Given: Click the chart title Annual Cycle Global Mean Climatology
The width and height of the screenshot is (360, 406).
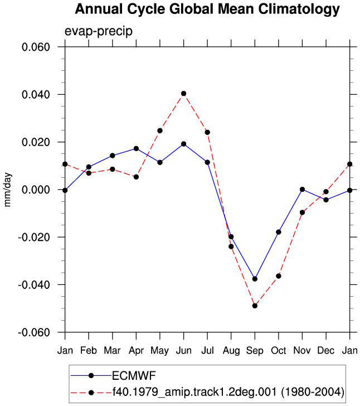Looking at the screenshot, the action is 207,9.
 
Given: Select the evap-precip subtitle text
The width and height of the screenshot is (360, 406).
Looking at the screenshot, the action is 98,31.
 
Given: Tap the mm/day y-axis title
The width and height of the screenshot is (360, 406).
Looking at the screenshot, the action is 7,190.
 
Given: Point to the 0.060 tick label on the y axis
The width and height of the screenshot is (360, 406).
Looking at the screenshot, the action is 36,47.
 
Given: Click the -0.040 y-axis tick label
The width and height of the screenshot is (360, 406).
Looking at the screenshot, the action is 33,285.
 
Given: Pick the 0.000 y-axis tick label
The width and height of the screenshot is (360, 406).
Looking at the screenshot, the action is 36,190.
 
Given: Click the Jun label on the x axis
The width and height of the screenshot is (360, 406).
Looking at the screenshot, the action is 184,351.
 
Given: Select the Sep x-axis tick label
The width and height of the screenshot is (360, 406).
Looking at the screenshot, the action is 255,351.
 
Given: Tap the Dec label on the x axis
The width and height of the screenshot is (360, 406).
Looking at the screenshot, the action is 326,351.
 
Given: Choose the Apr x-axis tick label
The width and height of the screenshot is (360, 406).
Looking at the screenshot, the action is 136,351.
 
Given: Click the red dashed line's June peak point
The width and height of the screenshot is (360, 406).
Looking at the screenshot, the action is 184,94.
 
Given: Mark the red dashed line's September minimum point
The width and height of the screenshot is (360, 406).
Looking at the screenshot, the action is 255,306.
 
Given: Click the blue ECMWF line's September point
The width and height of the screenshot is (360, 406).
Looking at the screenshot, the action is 255,279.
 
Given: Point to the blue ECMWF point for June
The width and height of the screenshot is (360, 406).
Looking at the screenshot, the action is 184,144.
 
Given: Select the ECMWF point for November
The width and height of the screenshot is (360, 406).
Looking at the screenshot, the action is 302,190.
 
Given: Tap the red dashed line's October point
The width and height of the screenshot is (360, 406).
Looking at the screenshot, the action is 279,276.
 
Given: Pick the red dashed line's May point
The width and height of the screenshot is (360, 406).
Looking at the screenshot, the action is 160,130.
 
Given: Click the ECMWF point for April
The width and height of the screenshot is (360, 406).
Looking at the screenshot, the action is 136,148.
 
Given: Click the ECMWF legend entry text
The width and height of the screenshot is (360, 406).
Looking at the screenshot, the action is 134,376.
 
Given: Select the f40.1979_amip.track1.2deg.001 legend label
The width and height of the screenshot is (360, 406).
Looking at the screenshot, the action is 228,392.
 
